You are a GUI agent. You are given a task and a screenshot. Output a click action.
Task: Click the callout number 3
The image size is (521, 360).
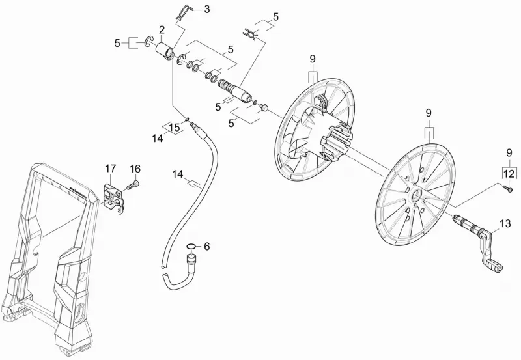click(206, 9)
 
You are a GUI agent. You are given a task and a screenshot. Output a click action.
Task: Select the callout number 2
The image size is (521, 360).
click(162, 30)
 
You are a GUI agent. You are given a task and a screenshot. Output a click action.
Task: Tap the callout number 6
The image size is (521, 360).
click(206, 247)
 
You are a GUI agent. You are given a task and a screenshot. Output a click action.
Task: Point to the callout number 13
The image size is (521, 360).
click(505, 223)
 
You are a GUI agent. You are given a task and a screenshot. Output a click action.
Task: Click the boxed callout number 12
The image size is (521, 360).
click(509, 173)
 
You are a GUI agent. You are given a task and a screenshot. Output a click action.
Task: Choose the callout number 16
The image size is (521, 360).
click(135, 169)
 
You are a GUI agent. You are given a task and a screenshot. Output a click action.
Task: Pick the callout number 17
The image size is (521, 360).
click(111, 169)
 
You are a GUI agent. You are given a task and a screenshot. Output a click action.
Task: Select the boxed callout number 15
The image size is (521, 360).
click(175, 127)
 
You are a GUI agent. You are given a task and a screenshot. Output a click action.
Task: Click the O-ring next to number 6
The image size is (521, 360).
click(191, 247)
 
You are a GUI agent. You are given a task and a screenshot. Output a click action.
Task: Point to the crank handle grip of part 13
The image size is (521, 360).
click(495, 264)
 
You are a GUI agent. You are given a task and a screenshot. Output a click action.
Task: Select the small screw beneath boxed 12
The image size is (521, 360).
click(507, 188)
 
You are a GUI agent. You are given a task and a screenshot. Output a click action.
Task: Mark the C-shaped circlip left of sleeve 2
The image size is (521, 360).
click(149, 42)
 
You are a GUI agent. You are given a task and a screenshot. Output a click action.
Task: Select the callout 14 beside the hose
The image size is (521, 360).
click(178, 174)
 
